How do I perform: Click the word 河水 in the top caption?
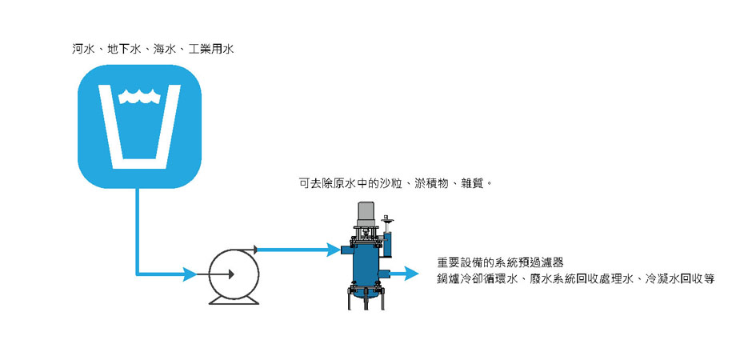click(83, 49)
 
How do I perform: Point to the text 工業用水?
click(211, 49)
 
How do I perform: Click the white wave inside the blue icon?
click(139, 96)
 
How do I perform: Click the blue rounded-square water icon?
click(139, 126)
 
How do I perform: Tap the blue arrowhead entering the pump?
click(189, 274)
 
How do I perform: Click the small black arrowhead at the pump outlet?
click(255, 250)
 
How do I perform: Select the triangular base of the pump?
click(234, 300)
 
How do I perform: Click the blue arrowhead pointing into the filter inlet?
click(334, 250)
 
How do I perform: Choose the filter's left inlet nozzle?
click(346, 250)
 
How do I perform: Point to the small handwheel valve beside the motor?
click(387, 220)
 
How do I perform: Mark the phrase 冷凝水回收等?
click(680, 279)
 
